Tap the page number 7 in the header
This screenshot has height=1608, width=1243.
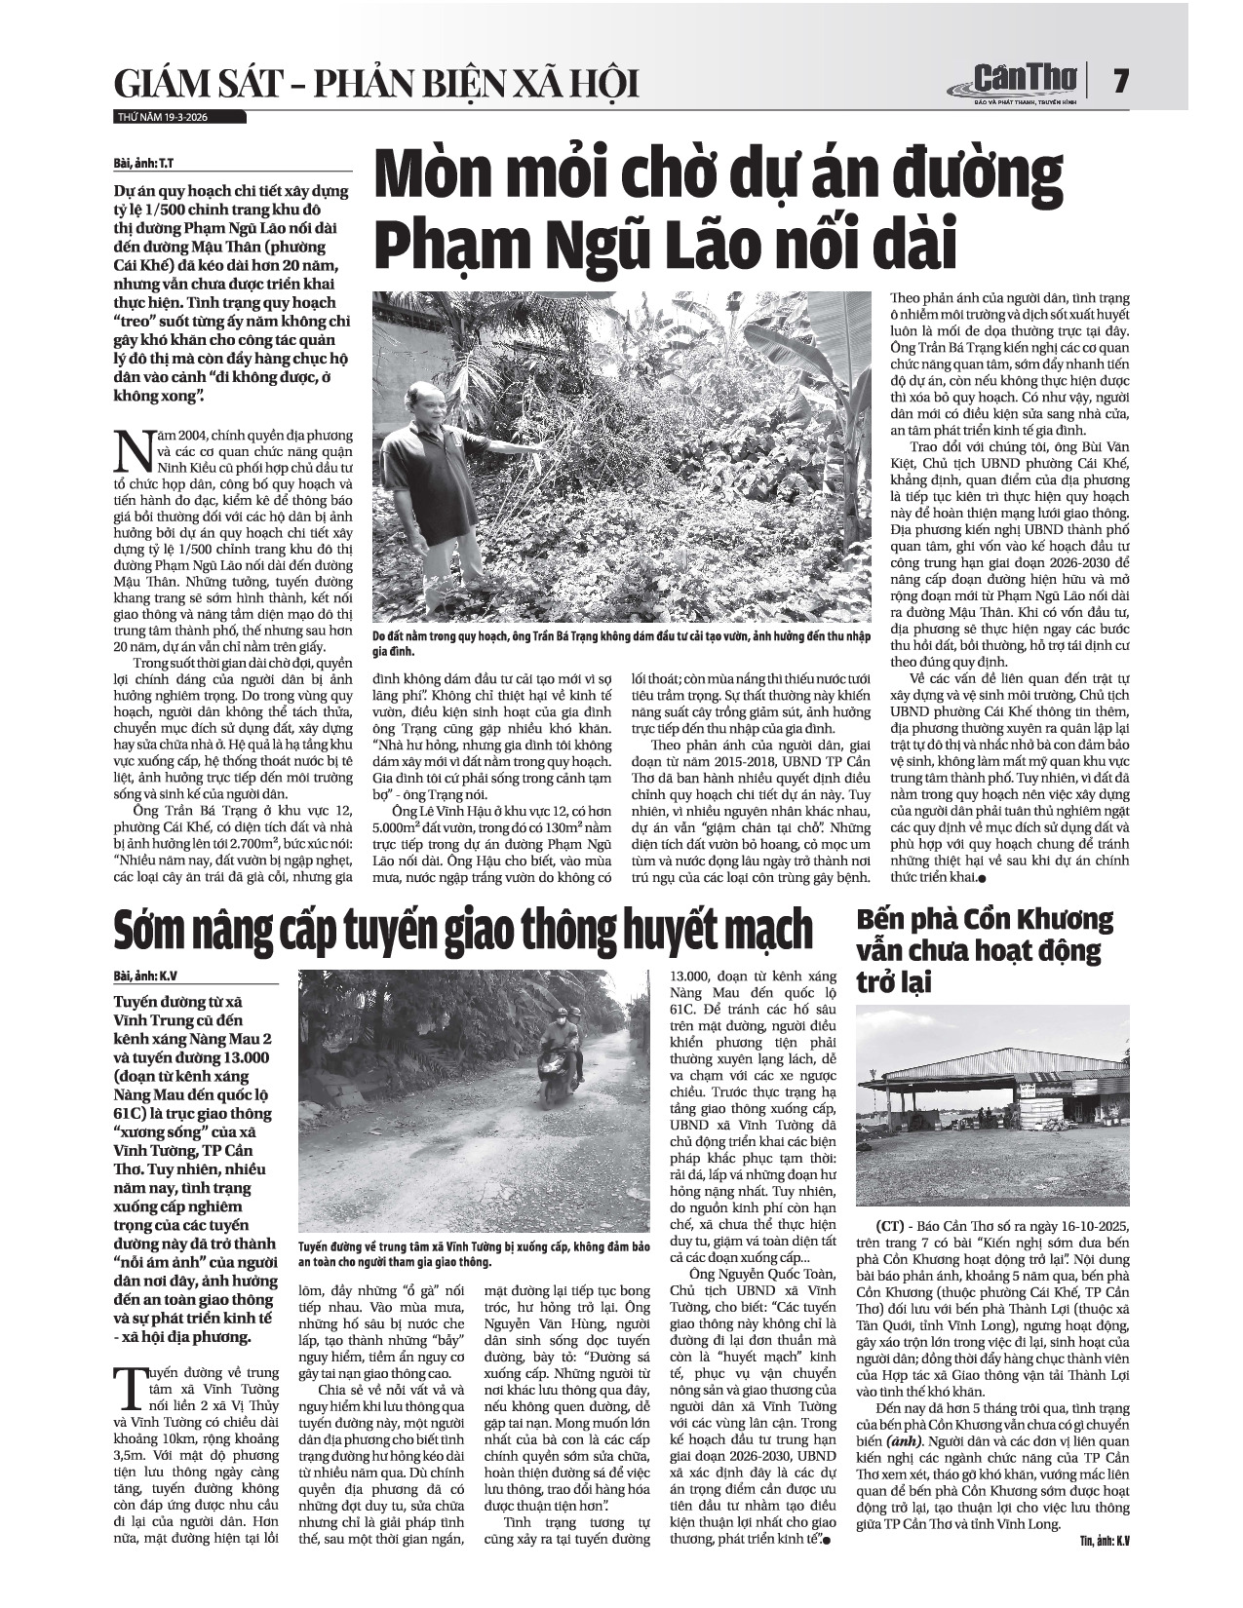1120,80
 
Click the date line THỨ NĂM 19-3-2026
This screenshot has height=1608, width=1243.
162,117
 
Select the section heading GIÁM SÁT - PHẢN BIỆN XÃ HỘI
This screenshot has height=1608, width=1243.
375,85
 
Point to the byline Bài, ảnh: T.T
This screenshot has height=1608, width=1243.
147,162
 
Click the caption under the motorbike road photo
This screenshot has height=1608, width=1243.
473,1254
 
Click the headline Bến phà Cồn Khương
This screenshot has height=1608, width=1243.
985,950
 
